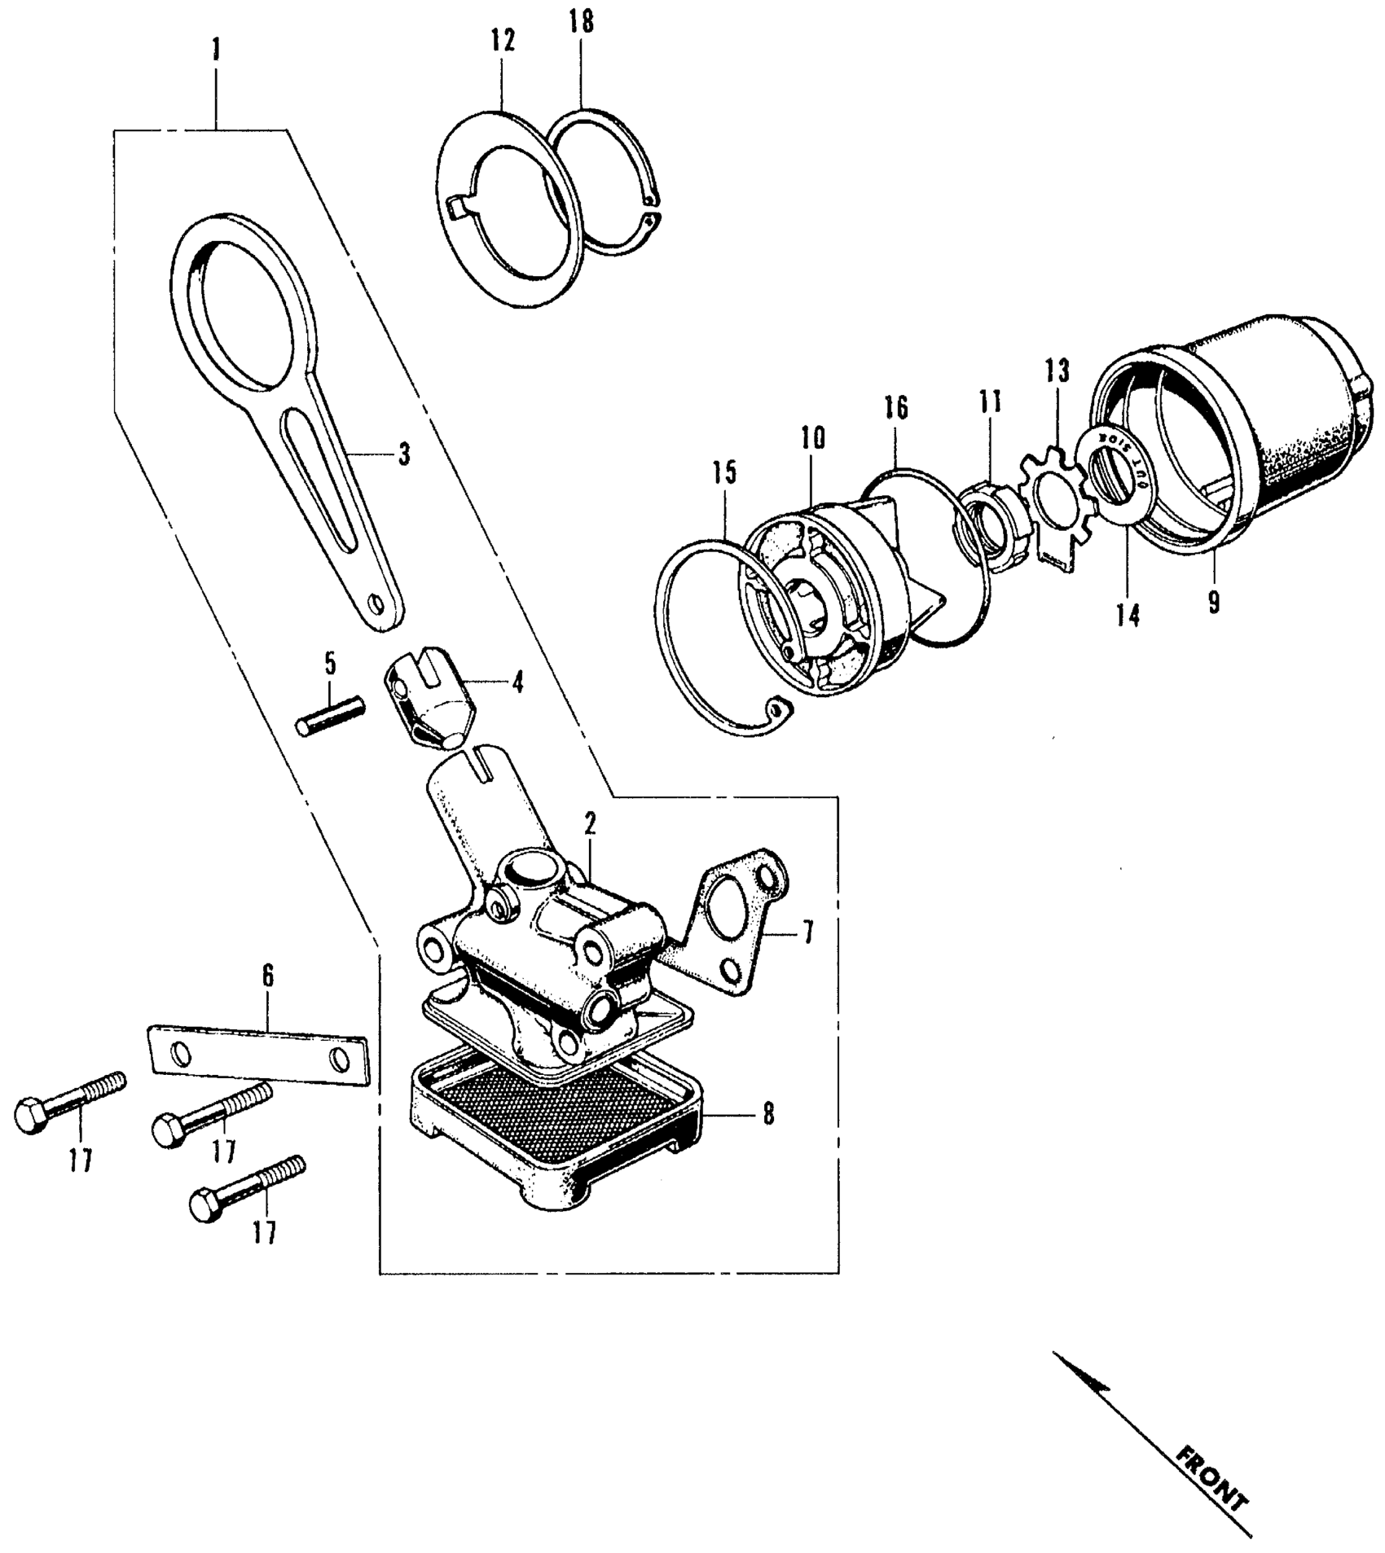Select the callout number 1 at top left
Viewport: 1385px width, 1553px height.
click(x=216, y=52)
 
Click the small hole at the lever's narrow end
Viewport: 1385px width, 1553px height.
click(x=376, y=603)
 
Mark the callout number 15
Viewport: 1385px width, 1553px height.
click(x=724, y=473)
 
